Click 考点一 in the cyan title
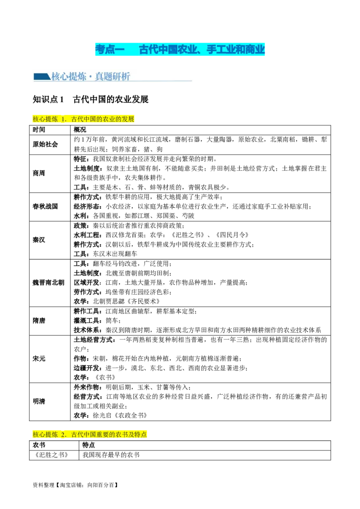pyautogui.click(x=109, y=49)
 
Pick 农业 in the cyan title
pyautogui.click(x=187, y=49)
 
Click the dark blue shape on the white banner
pyautogui.click(x=41, y=77)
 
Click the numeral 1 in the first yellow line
pyautogui.click(x=63, y=119)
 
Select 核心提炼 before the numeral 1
pyautogui.click(x=45, y=119)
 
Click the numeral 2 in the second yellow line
pyautogui.click(x=63, y=435)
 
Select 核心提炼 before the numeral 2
pyautogui.click(x=45, y=435)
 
